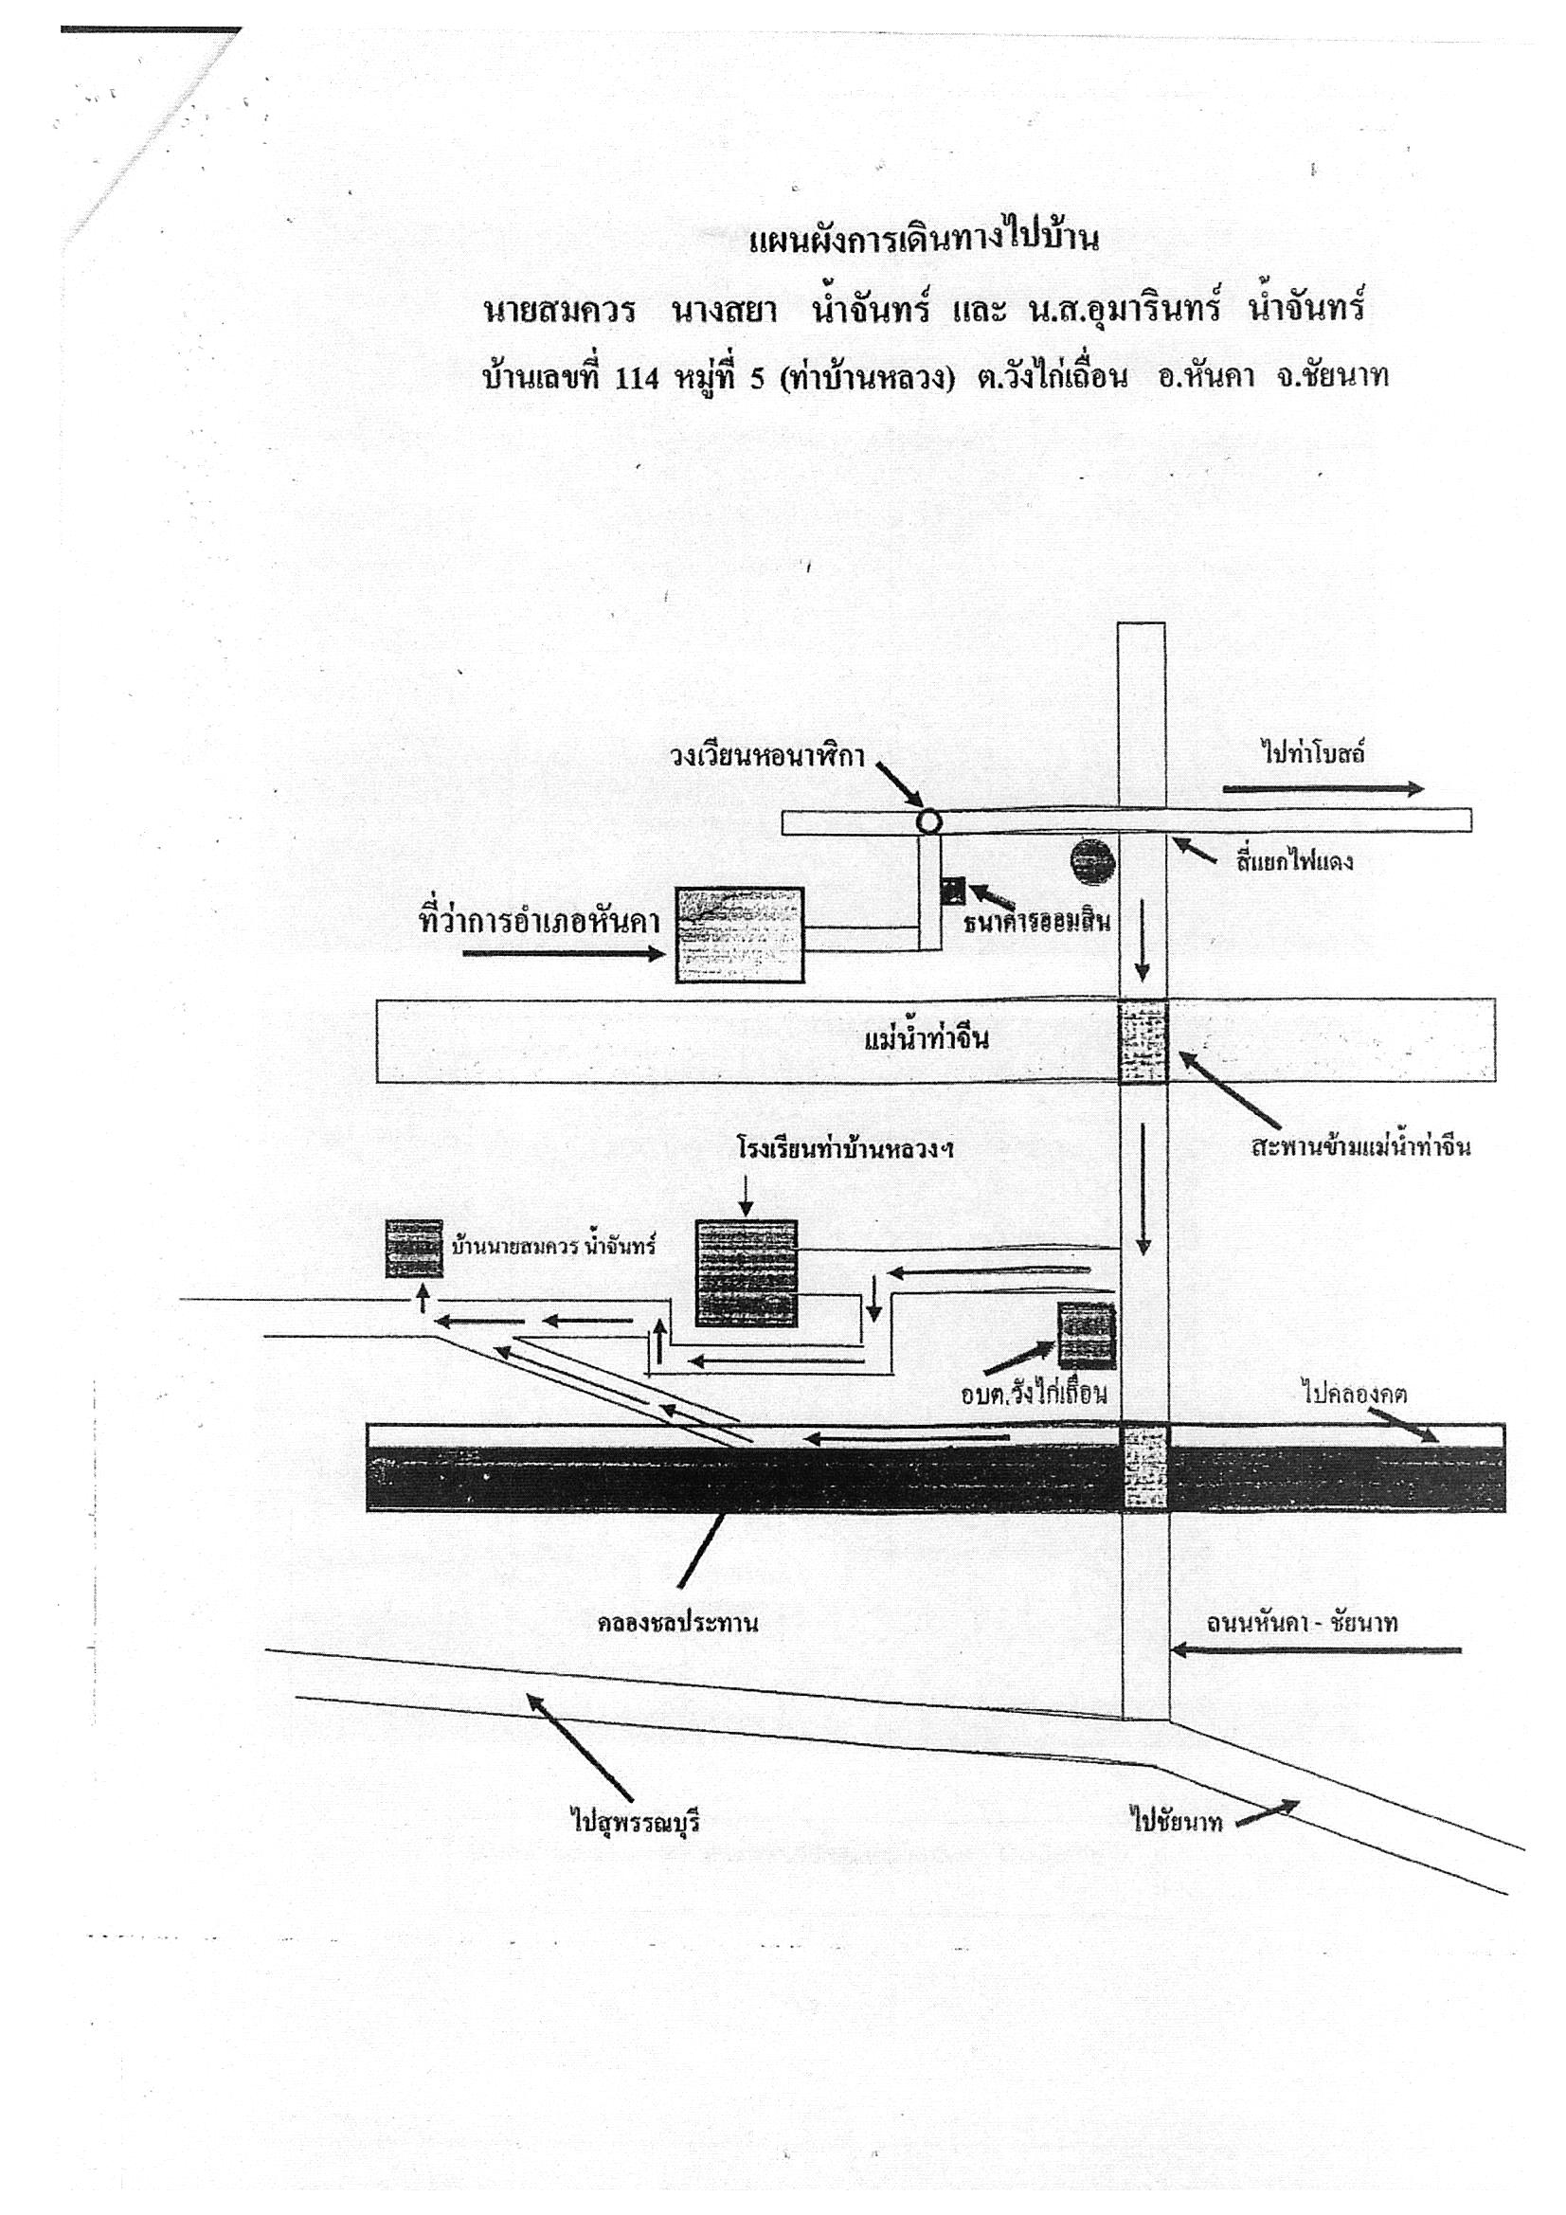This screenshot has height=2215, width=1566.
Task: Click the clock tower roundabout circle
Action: (927, 821)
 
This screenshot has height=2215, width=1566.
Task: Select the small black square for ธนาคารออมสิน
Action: (953, 890)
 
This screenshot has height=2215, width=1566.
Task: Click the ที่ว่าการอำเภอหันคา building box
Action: (739, 935)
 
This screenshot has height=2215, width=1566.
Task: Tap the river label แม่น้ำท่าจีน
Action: (927, 1040)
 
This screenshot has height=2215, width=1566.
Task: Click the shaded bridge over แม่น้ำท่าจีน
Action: (1143, 1042)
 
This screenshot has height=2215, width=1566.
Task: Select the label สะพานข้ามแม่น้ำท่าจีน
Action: (1360, 1147)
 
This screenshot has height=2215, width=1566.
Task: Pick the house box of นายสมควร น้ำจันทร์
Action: (414, 1249)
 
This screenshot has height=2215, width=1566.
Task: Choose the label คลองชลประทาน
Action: (677, 1623)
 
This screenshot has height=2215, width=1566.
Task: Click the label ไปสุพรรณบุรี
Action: (635, 1823)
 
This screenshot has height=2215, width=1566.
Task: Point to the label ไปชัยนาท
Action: (1178, 1822)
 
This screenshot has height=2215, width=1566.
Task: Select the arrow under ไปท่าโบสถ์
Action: (1323, 789)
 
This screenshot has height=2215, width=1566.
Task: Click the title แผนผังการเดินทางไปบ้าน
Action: (924, 240)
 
